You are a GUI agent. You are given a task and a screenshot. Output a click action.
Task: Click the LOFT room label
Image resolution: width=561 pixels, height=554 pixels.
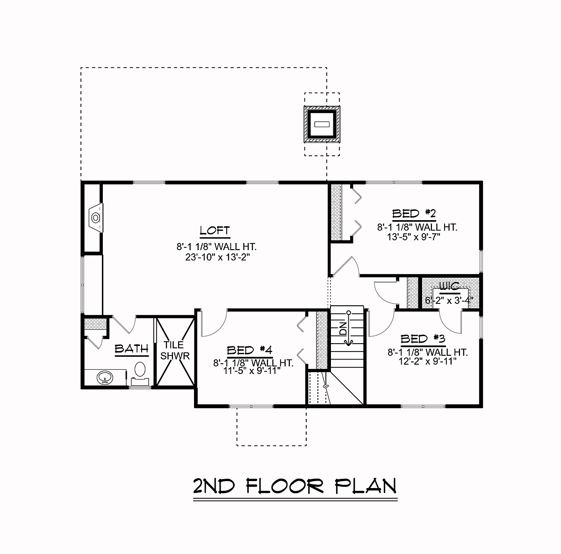(215, 230)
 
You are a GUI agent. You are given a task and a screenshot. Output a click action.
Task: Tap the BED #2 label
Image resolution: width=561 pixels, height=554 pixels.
(414, 214)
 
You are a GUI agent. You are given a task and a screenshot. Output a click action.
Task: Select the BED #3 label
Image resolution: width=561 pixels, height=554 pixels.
(423, 339)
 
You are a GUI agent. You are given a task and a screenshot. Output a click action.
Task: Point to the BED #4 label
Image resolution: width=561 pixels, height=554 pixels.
(250, 350)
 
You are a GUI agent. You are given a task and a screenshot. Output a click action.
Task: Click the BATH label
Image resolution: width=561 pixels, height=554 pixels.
(131, 349)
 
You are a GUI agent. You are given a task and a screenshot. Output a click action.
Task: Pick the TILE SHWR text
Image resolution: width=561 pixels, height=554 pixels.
(175, 351)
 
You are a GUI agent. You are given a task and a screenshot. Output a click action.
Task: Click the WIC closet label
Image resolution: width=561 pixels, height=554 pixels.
(449, 286)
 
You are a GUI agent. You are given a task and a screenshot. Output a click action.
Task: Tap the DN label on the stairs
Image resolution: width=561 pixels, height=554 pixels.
(343, 329)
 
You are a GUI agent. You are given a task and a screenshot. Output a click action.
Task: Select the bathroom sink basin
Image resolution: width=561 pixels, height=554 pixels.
(105, 378)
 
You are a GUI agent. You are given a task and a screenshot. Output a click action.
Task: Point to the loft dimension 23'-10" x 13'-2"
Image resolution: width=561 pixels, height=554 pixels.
(218, 257)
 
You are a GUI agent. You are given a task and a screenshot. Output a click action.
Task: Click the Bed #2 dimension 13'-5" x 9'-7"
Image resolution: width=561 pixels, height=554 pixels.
(413, 237)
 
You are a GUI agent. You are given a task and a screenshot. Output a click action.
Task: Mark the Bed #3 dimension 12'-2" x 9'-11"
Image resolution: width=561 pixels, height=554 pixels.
(427, 361)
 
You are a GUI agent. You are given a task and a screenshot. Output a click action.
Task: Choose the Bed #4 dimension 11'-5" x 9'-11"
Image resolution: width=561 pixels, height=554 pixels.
(252, 371)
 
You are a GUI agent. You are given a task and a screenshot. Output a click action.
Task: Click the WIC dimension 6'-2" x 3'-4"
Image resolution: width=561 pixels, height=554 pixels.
(449, 300)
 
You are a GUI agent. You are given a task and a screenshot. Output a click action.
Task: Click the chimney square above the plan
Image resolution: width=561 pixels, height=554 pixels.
(322, 124)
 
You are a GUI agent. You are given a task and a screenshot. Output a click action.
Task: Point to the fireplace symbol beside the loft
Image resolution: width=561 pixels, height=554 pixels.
(96, 217)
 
